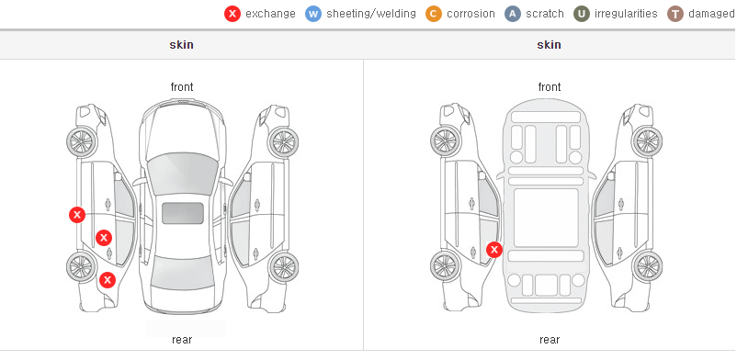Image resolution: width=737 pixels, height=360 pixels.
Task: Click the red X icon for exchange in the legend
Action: [232, 14]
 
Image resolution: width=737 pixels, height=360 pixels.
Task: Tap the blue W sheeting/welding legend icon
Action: [313, 14]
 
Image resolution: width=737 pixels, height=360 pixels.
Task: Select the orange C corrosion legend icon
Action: [434, 14]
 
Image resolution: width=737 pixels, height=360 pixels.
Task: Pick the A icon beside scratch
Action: [513, 14]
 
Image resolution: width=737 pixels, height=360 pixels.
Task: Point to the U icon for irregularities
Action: [582, 14]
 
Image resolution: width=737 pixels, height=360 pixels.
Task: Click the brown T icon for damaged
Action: [675, 14]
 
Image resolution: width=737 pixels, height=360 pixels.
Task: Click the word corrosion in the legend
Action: [471, 14]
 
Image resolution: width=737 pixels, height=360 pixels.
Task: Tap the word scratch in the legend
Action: [545, 14]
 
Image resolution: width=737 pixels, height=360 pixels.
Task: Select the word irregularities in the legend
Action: [626, 14]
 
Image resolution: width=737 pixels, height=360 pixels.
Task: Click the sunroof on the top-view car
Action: [183, 213]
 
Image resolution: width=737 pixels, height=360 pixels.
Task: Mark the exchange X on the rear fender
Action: [108, 281]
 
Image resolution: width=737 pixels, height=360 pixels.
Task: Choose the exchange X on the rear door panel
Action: [104, 238]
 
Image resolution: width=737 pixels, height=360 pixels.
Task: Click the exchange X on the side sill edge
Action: [77, 215]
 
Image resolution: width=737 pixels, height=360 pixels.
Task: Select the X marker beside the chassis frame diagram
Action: [494, 250]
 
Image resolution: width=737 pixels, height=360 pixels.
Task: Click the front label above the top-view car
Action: [182, 87]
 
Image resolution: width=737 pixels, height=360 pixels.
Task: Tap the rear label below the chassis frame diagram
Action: [550, 340]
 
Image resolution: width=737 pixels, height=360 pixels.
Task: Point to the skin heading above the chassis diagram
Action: [549, 45]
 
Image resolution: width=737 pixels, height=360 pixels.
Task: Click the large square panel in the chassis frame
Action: [546, 218]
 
